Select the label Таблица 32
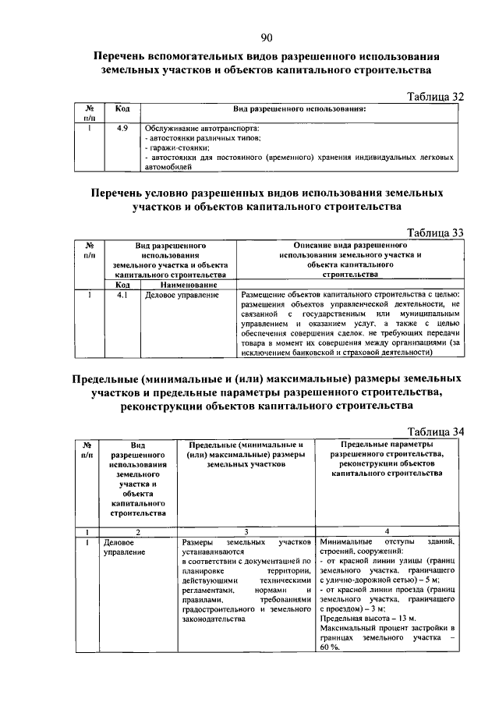tap(437, 96)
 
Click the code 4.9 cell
tap(122, 127)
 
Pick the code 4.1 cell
tap(122, 296)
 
